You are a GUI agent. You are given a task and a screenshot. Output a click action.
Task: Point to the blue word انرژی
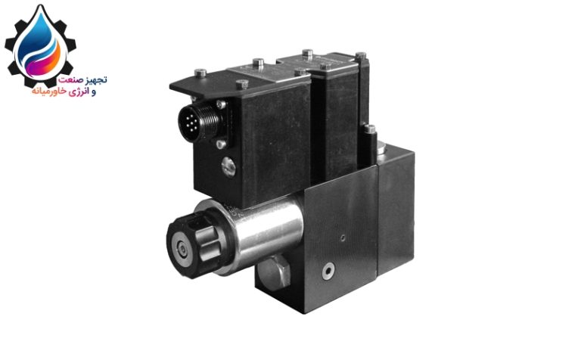coord(78,92)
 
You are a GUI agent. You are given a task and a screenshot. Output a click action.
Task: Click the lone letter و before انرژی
coord(92,92)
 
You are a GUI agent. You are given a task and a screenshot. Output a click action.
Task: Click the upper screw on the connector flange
coord(221,104)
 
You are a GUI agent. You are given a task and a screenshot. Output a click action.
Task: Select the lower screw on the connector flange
coord(221,144)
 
